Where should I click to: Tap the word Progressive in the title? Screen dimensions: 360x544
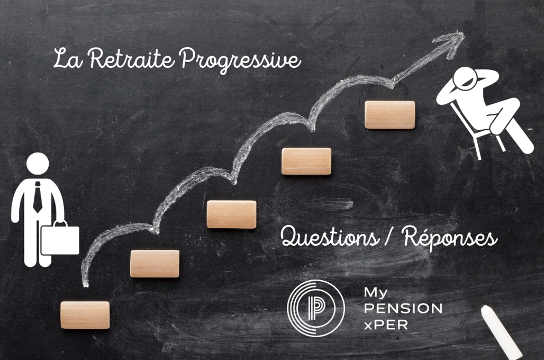pos(240,59)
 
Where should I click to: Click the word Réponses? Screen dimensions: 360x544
pos(450,238)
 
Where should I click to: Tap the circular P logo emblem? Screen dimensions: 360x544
pos(315,308)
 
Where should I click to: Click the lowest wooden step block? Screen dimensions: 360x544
pos(85,315)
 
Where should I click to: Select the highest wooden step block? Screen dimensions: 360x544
pos(390,115)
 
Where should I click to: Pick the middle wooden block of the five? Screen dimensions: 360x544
pos(231,214)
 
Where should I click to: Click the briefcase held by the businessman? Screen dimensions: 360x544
pos(60,239)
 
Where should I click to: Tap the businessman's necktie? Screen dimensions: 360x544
pos(38,196)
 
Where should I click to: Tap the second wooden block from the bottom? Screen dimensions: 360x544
pos(155,264)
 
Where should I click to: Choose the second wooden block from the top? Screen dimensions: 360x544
pos(306,161)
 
